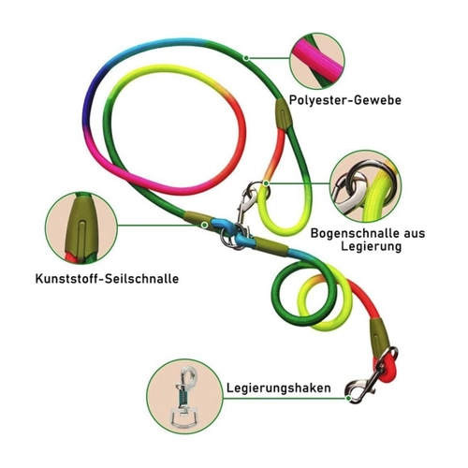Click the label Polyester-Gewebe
click(345, 100)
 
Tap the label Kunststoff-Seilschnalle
click(107, 278)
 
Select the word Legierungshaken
click(279, 388)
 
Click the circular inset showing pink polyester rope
click(317, 62)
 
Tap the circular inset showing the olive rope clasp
click(81, 228)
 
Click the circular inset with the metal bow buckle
click(366, 186)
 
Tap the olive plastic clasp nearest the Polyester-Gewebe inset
click(283, 114)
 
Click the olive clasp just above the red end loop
click(379, 334)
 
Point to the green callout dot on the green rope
click(246, 58)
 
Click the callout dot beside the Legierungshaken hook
click(348, 398)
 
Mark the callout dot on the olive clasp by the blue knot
click(205, 225)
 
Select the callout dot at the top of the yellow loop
click(266, 183)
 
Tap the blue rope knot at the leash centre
click(229, 231)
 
